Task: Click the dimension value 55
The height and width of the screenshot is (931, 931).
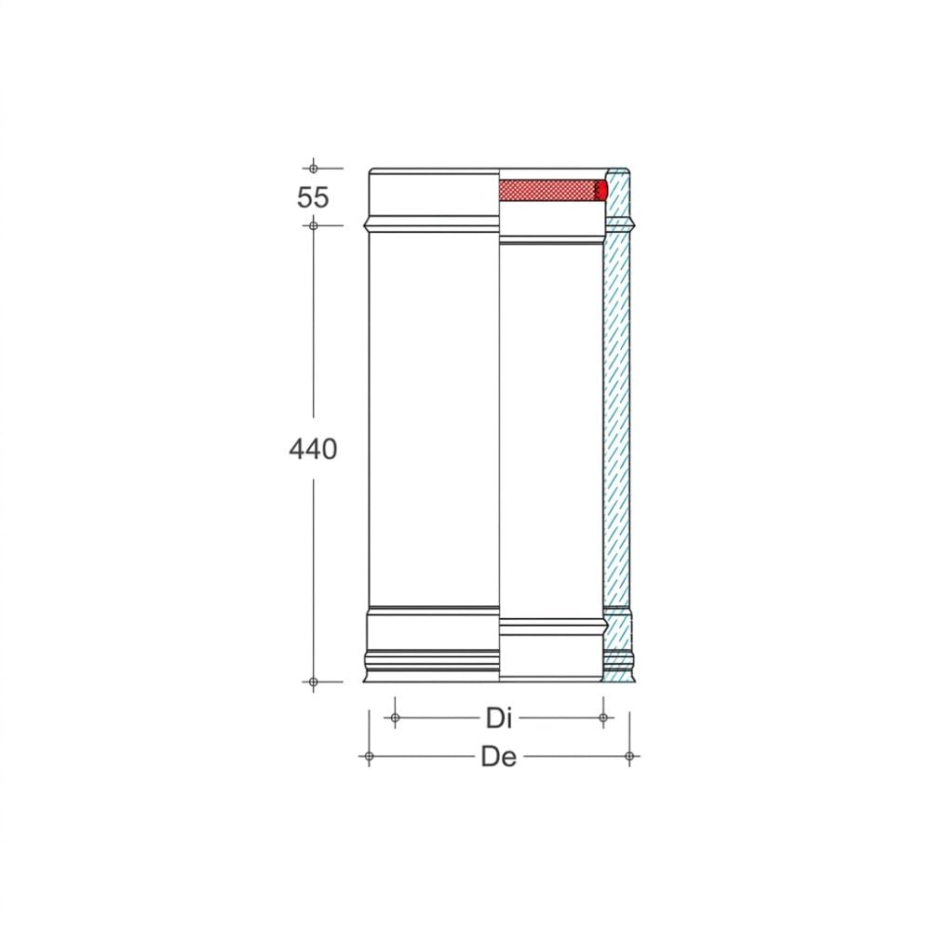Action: coord(313,197)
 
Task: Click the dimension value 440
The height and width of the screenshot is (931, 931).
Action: coord(313,449)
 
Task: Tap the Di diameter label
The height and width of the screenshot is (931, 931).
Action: coord(499,719)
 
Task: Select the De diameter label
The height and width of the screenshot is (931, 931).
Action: coord(499,757)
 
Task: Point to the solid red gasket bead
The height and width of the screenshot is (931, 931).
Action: coord(602,190)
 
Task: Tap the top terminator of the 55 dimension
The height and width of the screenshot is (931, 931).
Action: coord(313,169)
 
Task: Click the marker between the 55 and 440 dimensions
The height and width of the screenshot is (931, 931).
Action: coord(313,225)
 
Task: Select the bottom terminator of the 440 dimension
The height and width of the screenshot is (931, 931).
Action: coord(313,682)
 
